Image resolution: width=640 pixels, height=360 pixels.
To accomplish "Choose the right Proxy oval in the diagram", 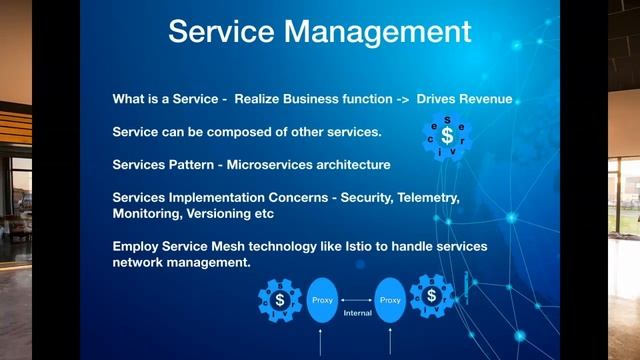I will tap(391, 300).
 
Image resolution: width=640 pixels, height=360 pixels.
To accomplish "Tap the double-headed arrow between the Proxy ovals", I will tap(358, 299).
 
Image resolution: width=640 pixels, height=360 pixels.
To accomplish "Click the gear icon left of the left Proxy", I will tap(280, 300).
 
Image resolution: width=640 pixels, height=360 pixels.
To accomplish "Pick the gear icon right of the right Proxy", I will tap(432, 296).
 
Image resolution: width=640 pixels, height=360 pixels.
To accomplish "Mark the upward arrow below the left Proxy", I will tap(320, 345).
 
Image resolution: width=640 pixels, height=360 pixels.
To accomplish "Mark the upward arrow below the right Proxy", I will tap(392, 345).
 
